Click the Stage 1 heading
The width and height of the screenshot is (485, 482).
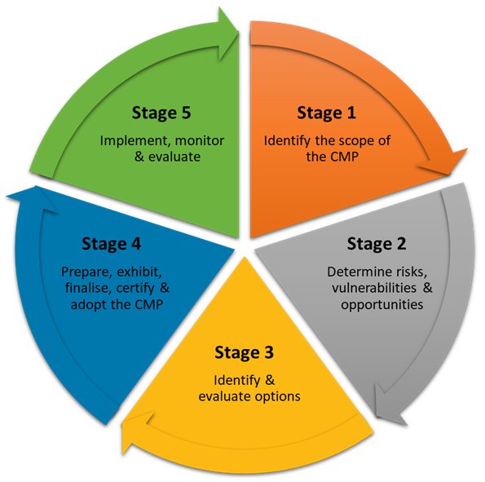point(326,113)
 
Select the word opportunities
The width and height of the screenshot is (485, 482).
point(382,305)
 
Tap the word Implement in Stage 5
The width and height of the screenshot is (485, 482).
point(129,140)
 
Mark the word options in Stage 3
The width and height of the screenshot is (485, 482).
point(279,396)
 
